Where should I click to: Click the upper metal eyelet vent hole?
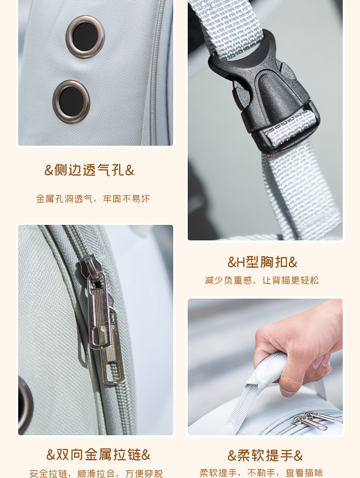(x=85, y=36)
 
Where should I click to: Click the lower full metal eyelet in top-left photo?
(x=71, y=102)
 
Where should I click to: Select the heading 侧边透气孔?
(x=89, y=170)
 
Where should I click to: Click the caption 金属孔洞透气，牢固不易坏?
(x=93, y=199)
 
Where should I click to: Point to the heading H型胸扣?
(x=262, y=262)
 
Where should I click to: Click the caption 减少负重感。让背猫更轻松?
(x=262, y=280)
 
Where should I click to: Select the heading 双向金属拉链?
(x=98, y=454)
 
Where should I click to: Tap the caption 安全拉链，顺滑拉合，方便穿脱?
(x=96, y=473)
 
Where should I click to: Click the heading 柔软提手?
(x=265, y=455)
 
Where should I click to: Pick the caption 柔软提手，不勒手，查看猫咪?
(x=261, y=473)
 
